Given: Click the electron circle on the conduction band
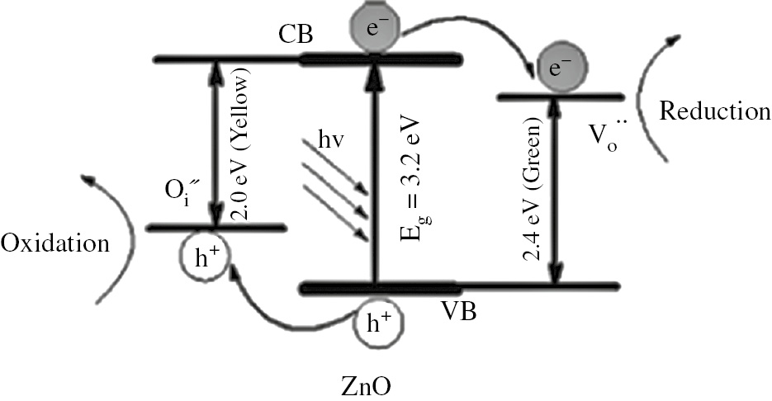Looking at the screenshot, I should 377,27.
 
